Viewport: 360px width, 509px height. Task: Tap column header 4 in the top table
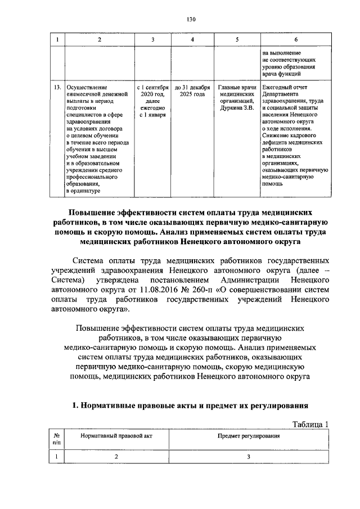click(x=192, y=39)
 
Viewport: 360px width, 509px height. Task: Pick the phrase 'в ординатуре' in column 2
click(x=83, y=191)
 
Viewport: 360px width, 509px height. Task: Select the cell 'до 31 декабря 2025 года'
click(x=192, y=92)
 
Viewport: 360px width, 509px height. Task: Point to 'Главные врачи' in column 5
click(x=237, y=88)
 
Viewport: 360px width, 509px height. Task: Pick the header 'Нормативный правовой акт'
click(x=116, y=436)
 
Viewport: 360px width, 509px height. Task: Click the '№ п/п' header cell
click(x=57, y=439)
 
